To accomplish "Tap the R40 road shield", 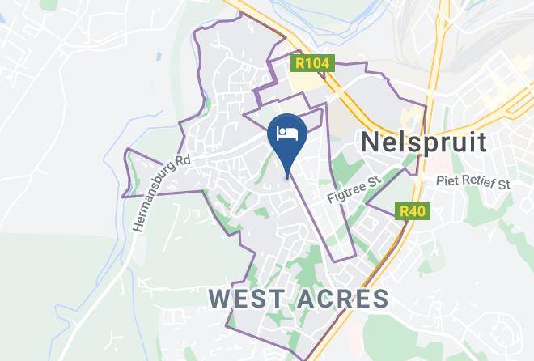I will tap(413, 211).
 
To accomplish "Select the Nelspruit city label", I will tap(423, 142).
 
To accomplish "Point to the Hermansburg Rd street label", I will tap(160, 192).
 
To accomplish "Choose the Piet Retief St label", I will tap(473, 183).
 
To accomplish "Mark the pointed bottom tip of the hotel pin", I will tap(287, 176).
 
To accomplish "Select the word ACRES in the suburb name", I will tap(343, 299).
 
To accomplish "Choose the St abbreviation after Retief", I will tap(503, 183).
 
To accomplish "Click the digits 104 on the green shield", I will tap(316, 62).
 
